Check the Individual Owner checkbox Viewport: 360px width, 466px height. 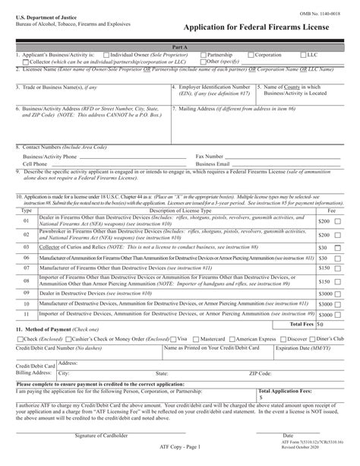[x=108, y=55]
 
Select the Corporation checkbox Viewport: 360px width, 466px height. [x=251, y=55]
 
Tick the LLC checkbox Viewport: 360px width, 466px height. [x=302, y=55]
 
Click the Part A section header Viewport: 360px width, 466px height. [x=180, y=48]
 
